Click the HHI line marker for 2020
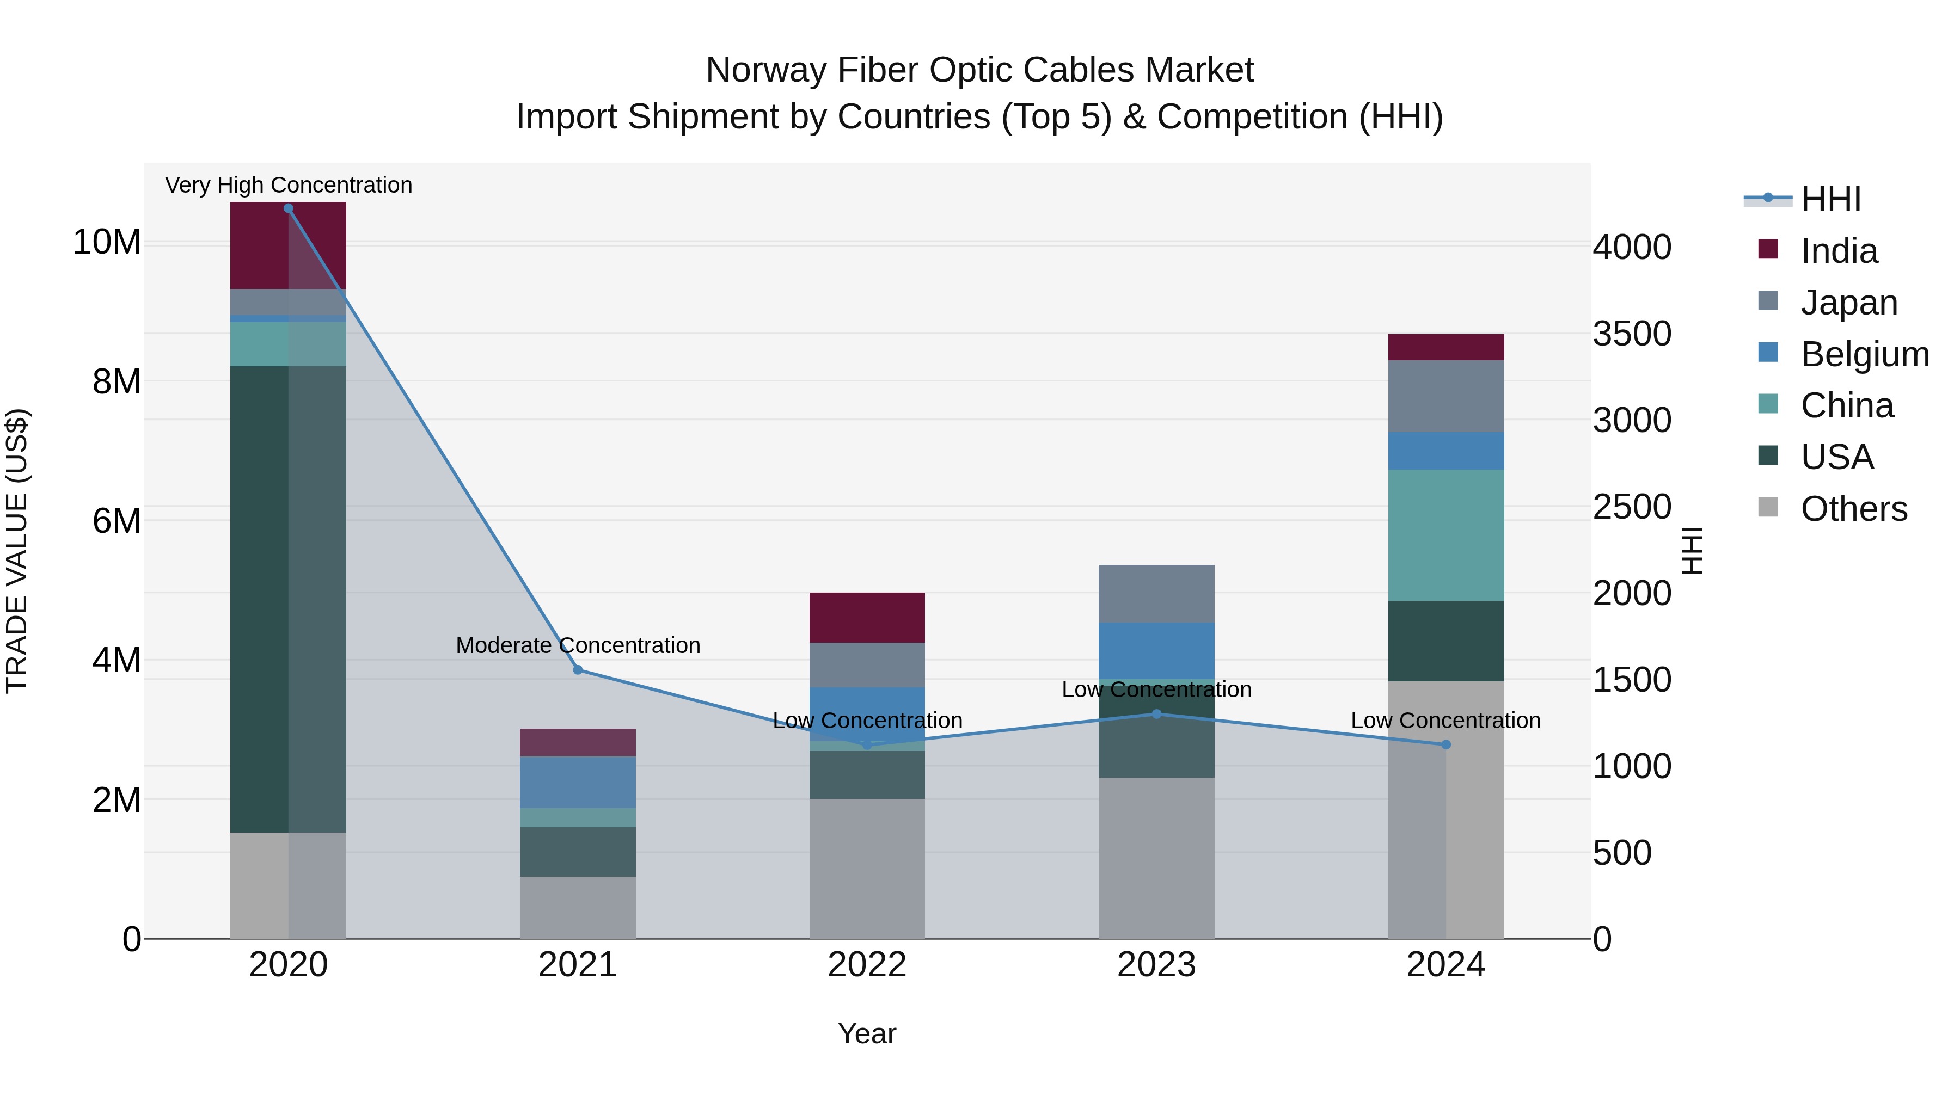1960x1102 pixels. [289, 208]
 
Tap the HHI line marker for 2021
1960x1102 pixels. [578, 670]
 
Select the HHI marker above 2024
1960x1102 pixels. [1445, 744]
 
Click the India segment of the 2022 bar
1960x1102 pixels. [867, 618]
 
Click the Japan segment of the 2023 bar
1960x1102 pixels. [1156, 593]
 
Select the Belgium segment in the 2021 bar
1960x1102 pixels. [578, 782]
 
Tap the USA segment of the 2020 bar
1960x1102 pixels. [259, 599]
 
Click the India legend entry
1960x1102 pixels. [1839, 251]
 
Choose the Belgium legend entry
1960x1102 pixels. [1864, 354]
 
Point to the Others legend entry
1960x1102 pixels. [1853, 509]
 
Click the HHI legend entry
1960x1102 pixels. [1830, 199]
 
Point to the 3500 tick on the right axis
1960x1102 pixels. [1632, 334]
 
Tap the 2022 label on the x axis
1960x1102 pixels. [867, 965]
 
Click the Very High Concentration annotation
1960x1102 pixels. [289, 185]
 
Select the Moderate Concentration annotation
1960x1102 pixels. [578, 645]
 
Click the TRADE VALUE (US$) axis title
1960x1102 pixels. [17, 551]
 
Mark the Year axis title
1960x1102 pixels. [867, 1033]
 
